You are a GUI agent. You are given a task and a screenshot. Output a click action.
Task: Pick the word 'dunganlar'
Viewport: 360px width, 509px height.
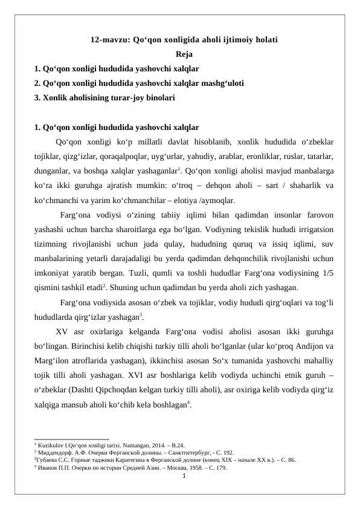coord(53,171)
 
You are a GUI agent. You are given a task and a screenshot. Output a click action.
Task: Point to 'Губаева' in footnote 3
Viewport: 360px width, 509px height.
coord(48,459)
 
